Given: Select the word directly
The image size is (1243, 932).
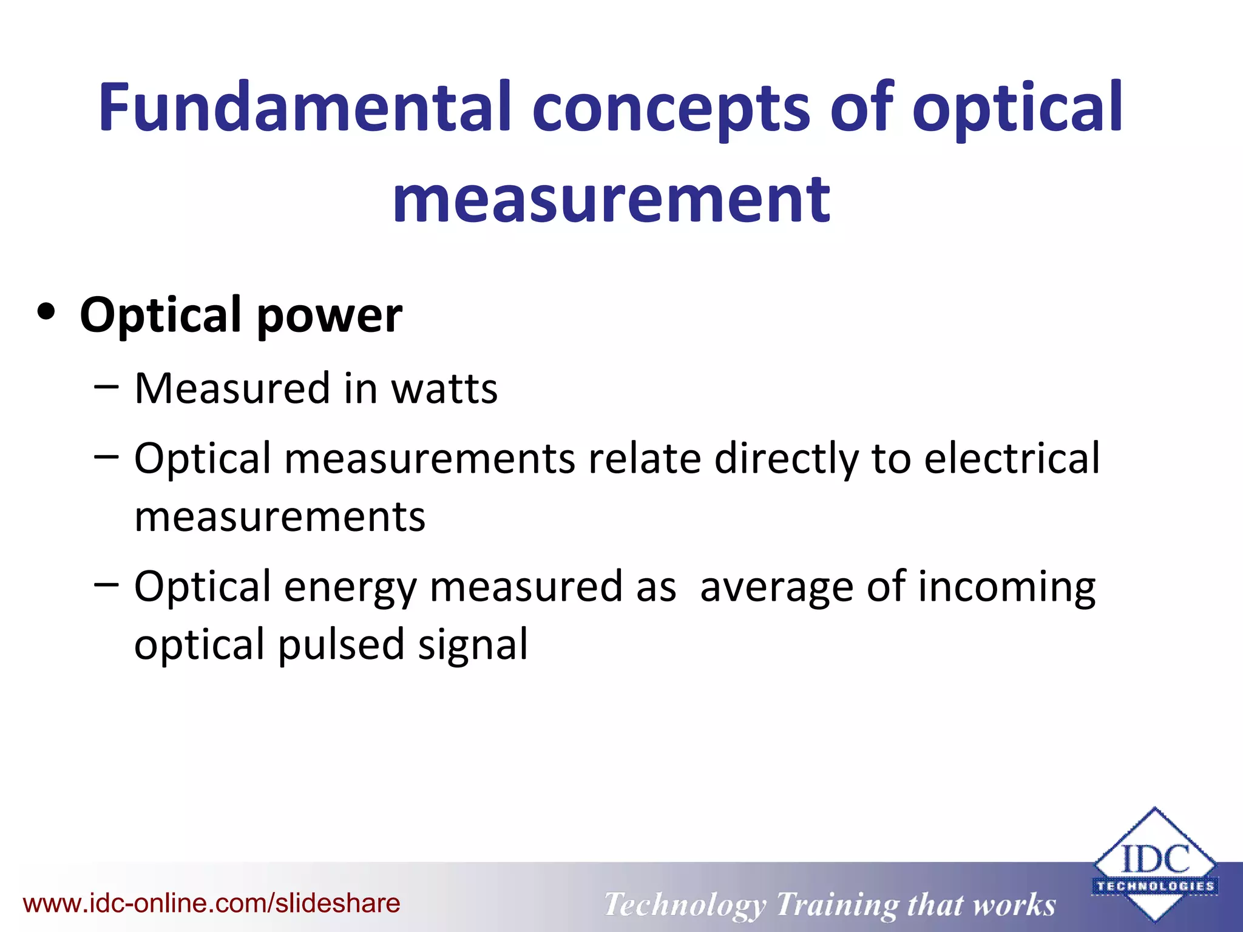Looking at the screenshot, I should coord(787,459).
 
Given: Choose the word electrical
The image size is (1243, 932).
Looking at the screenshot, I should coord(1012,458).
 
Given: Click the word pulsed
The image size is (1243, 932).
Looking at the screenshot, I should coord(341,646).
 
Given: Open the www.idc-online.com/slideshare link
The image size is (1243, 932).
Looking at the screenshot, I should coord(211,903).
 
